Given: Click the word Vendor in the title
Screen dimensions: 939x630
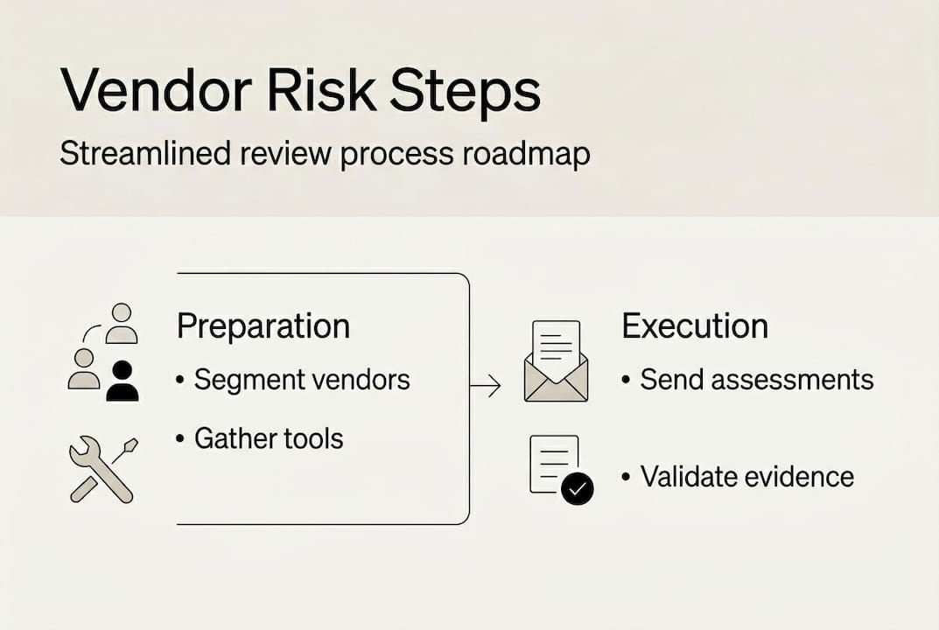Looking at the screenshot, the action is (156, 90).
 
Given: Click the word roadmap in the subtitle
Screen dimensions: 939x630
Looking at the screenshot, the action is (527, 155).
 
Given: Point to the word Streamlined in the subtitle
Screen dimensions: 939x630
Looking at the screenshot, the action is (145, 153).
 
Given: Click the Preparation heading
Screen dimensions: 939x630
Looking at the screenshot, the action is (263, 327).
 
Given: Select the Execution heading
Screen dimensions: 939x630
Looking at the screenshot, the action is (695, 326).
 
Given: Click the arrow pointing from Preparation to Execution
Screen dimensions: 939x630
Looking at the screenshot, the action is (485, 386).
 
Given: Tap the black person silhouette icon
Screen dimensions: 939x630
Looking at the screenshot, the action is (123, 381).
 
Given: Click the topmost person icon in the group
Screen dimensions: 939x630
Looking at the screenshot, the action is (122, 324).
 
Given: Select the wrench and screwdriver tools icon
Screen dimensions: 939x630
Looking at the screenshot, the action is (103, 471).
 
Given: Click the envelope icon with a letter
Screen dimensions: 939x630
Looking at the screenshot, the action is (556, 360).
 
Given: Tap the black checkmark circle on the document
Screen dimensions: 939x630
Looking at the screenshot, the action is (578, 488).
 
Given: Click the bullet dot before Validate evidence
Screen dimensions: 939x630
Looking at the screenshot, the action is (626, 477).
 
